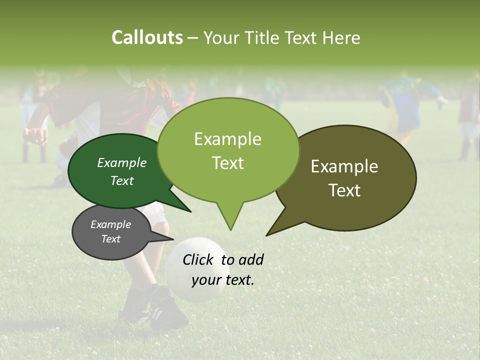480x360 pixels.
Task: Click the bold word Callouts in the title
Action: [x=147, y=37]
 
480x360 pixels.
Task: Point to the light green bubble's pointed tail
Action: [x=230, y=220]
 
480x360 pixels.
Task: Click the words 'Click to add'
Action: [x=223, y=259]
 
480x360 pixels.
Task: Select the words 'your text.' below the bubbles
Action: [x=223, y=280]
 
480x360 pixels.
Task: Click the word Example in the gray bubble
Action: [x=110, y=224]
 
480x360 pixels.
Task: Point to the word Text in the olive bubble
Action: [x=344, y=190]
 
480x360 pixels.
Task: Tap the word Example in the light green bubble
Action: [x=227, y=139]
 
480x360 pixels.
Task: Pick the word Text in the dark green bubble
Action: [x=122, y=181]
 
